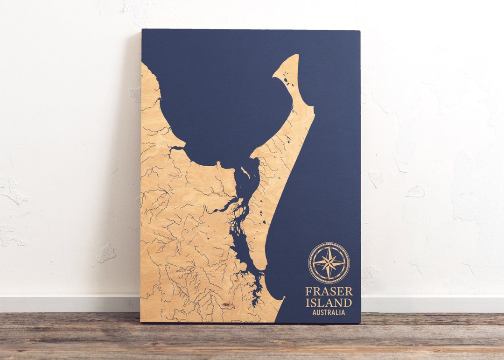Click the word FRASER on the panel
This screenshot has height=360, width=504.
click(x=329, y=291)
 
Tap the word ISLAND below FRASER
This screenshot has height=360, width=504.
click(x=329, y=302)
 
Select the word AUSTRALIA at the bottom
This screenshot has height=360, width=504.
click(x=329, y=312)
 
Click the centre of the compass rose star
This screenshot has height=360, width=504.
click(x=329, y=263)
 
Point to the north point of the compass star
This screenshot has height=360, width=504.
click(x=329, y=247)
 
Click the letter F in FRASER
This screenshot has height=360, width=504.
click(x=308, y=291)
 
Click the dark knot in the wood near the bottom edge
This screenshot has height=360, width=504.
click(x=226, y=305)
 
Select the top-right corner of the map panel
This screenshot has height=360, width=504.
click(x=360, y=31)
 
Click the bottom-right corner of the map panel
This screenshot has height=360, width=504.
click(x=360, y=323)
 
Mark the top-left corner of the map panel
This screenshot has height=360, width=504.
click(x=142, y=30)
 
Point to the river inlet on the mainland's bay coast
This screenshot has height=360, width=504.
click(x=176, y=148)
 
